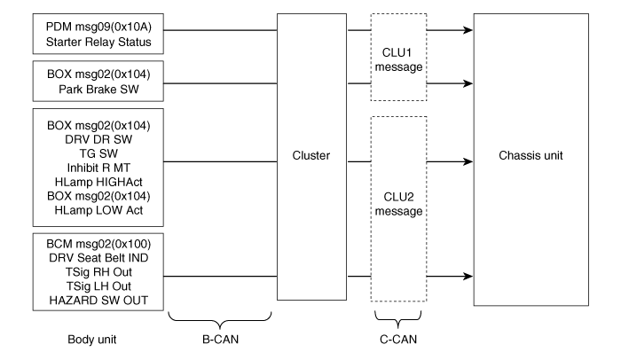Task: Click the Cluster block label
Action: click(310, 155)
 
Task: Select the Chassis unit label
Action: click(530, 155)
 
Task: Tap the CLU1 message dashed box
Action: click(397, 58)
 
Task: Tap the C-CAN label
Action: click(397, 338)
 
